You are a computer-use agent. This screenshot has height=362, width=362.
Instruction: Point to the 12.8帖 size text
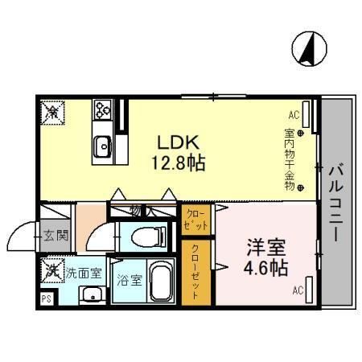(x=178, y=163)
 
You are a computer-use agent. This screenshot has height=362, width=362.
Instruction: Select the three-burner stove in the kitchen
(x=104, y=109)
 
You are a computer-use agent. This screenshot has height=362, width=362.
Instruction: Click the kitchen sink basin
(x=103, y=147)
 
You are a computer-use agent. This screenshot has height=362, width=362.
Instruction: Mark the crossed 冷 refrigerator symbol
(x=51, y=111)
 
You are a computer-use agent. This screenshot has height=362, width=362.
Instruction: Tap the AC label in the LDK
(x=294, y=115)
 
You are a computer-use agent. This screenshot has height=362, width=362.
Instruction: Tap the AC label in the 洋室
(x=297, y=290)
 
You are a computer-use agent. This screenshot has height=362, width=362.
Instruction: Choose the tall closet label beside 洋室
(x=195, y=271)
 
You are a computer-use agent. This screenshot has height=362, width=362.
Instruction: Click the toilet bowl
(x=148, y=237)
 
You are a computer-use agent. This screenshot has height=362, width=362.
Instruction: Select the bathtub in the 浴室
(x=159, y=282)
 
